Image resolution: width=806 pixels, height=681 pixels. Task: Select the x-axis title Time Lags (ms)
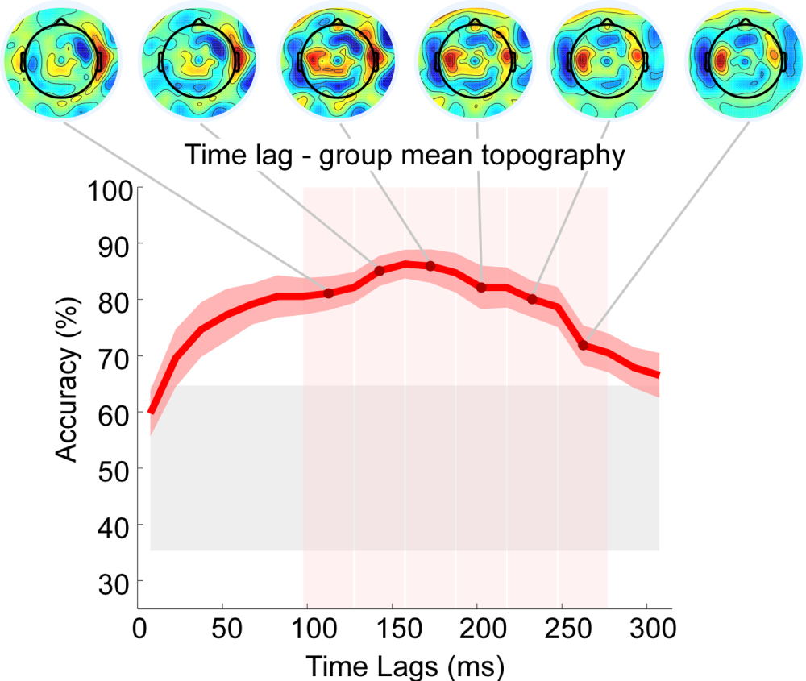click(x=405, y=666)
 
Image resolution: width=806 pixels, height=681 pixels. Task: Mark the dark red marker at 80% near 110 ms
click(x=328, y=293)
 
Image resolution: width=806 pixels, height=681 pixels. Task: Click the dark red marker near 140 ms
click(x=379, y=271)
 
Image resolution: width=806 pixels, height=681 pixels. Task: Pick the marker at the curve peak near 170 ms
click(x=430, y=266)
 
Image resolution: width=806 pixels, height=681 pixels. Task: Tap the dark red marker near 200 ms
click(x=481, y=288)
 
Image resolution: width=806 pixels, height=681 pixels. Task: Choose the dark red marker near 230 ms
click(x=532, y=300)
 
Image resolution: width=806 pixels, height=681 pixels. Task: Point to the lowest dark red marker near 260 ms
click(x=583, y=346)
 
